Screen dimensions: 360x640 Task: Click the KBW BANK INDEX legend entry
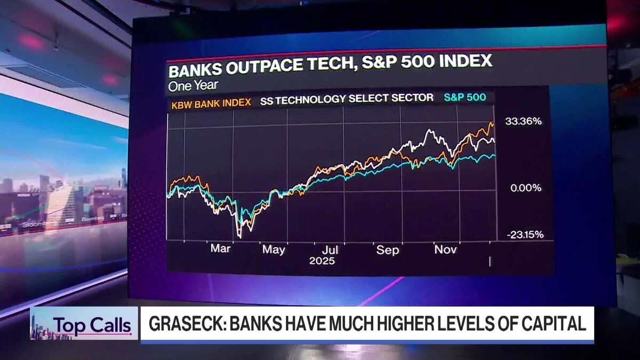(211, 102)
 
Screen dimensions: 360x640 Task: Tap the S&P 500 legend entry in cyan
(465, 98)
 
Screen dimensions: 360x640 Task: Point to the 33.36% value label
(523, 122)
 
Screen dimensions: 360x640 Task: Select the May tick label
(274, 250)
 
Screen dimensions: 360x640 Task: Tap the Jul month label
(330, 250)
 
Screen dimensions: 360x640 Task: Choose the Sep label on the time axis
(388, 250)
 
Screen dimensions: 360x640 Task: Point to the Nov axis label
(445, 250)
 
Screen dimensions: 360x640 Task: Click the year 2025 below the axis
(322, 261)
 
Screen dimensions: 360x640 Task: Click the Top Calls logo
(92, 324)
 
